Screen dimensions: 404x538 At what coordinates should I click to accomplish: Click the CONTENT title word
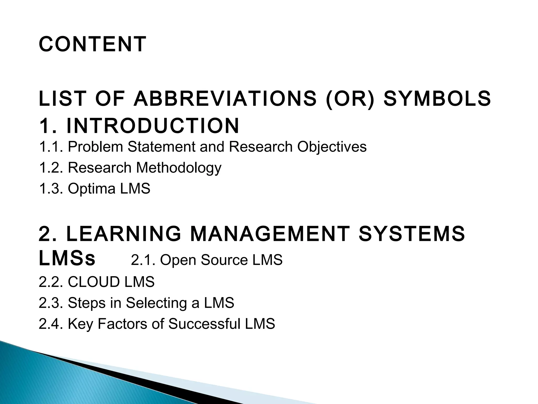(92, 44)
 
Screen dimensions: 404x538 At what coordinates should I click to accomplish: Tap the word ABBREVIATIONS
(225, 99)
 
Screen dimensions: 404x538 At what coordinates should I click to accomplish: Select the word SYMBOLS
(437, 99)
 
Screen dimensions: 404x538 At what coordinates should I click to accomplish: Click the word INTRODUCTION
(153, 126)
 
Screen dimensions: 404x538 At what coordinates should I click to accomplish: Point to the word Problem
(95, 147)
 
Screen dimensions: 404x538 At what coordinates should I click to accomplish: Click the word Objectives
(332, 147)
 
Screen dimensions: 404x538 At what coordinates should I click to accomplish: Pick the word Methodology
(179, 168)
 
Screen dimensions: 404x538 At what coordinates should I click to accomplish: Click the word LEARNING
(124, 234)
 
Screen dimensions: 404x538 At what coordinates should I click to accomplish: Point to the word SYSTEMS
(412, 234)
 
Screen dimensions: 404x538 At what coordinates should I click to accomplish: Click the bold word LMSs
(67, 259)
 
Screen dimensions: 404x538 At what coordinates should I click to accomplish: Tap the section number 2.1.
(143, 260)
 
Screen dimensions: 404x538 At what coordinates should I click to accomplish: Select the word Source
(224, 260)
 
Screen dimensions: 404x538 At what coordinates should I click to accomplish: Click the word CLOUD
(94, 282)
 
